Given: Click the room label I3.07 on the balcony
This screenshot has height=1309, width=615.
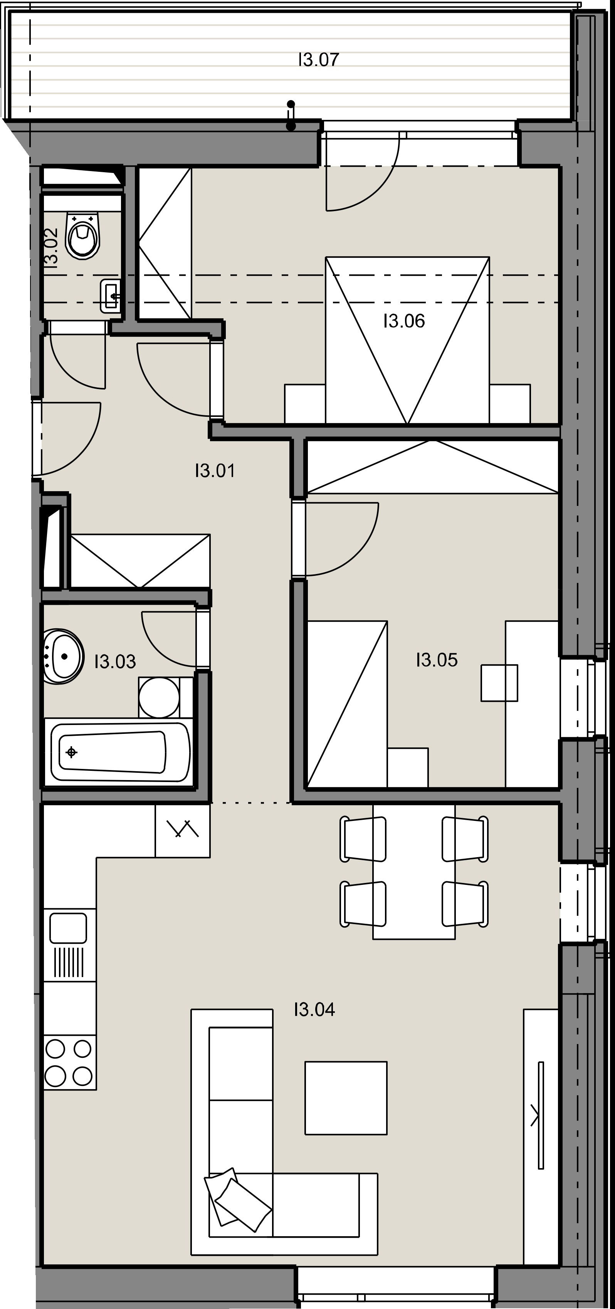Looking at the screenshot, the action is (x=318, y=60).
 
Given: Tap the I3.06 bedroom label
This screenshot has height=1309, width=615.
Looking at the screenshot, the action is (x=404, y=321).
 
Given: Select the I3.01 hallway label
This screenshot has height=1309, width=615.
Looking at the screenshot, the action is (x=215, y=471).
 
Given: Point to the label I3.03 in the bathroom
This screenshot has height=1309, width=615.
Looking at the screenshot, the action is (x=115, y=661).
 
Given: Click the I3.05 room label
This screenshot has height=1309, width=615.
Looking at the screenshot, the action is (x=437, y=660).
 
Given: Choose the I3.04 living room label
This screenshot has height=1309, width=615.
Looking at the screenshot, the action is (x=314, y=1010).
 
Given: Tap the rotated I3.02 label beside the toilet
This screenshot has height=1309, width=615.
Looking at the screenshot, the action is (x=51, y=247).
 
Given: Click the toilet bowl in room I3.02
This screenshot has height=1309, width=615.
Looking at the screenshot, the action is (x=83, y=236).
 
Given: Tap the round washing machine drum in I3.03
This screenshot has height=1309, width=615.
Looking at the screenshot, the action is (x=159, y=697).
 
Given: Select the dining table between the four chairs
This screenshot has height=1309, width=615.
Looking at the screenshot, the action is (x=414, y=872).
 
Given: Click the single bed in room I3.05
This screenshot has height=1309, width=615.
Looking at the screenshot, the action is (x=348, y=704).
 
